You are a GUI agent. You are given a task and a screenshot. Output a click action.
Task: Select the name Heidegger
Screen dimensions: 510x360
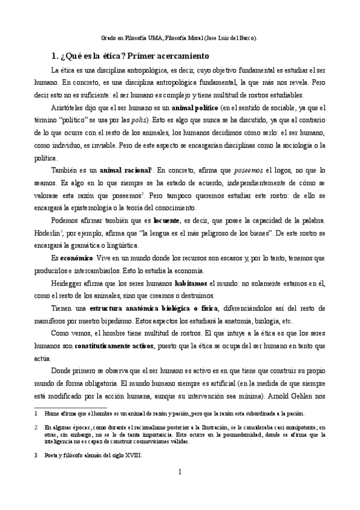pyautogui.click(x=70, y=281)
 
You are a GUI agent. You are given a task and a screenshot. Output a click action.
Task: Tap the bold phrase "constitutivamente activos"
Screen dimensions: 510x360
pyautogui.click(x=114, y=346)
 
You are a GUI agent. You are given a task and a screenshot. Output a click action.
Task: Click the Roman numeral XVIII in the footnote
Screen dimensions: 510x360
pyautogui.click(x=132, y=455)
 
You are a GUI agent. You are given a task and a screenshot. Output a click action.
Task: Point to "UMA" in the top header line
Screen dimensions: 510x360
pyautogui.click(x=153, y=37)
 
